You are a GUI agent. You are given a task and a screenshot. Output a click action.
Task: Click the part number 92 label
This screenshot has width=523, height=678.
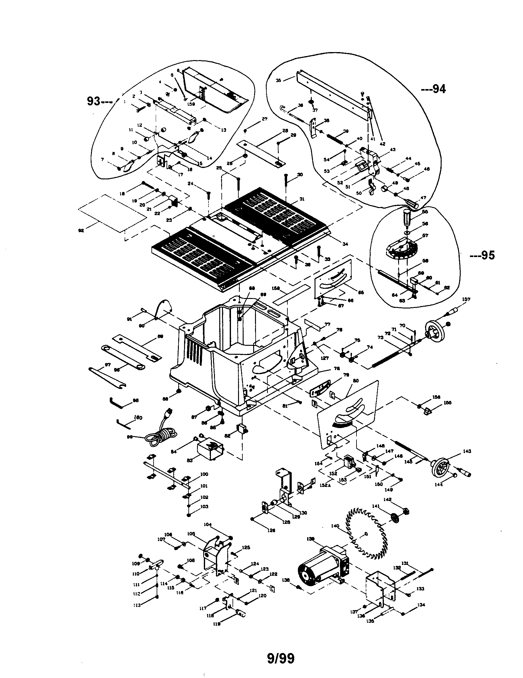click(81, 231)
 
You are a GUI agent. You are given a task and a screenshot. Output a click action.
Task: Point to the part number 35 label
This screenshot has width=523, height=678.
click(278, 80)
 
